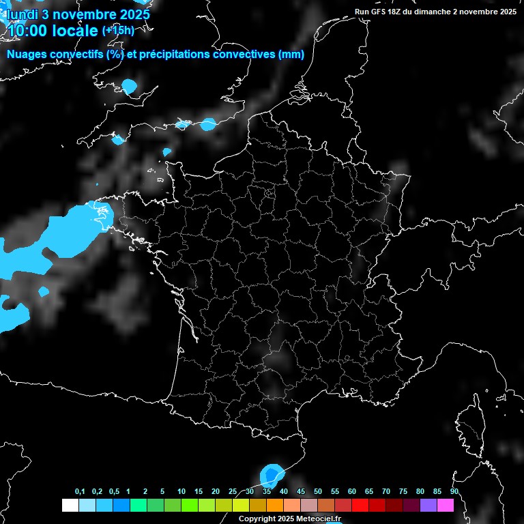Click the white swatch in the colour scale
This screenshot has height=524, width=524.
point(70,505)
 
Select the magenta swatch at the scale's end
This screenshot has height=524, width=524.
point(446,505)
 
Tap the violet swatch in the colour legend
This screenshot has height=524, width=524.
point(428,505)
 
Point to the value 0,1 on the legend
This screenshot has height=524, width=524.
point(80,492)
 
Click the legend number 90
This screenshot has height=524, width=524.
point(454,492)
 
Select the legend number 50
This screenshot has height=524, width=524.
point(318,492)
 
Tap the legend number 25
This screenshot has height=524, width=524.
point(233,492)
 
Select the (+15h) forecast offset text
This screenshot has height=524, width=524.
point(118,31)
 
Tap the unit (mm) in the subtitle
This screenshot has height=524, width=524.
point(291,55)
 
